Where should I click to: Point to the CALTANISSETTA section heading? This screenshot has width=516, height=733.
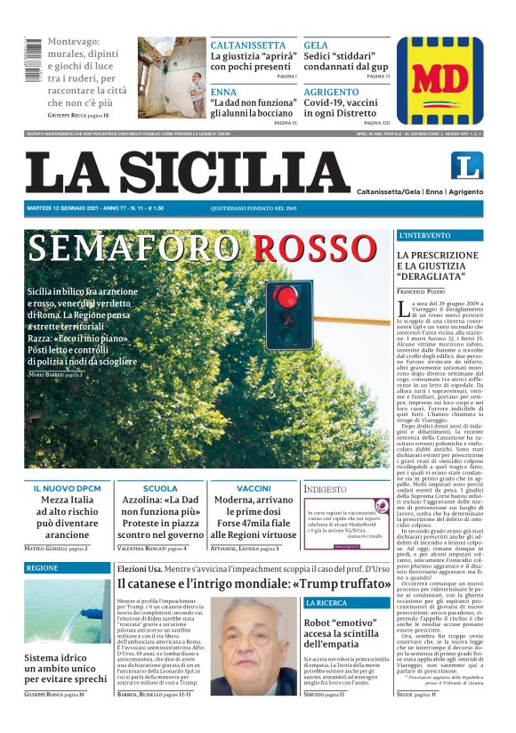point(247,45)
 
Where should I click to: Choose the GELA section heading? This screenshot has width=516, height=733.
point(316,45)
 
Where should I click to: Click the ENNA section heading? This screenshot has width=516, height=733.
point(223,92)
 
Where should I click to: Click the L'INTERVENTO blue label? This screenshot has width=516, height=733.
point(425,235)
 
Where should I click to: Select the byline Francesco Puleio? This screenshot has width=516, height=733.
point(425,292)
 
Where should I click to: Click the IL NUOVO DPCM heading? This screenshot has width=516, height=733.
point(67,488)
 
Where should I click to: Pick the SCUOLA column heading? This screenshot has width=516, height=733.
point(160,488)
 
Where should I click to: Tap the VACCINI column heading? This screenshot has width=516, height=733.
point(254,488)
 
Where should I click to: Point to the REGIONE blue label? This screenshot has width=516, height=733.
point(42,567)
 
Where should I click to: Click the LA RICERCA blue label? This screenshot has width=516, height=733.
point(326,603)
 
